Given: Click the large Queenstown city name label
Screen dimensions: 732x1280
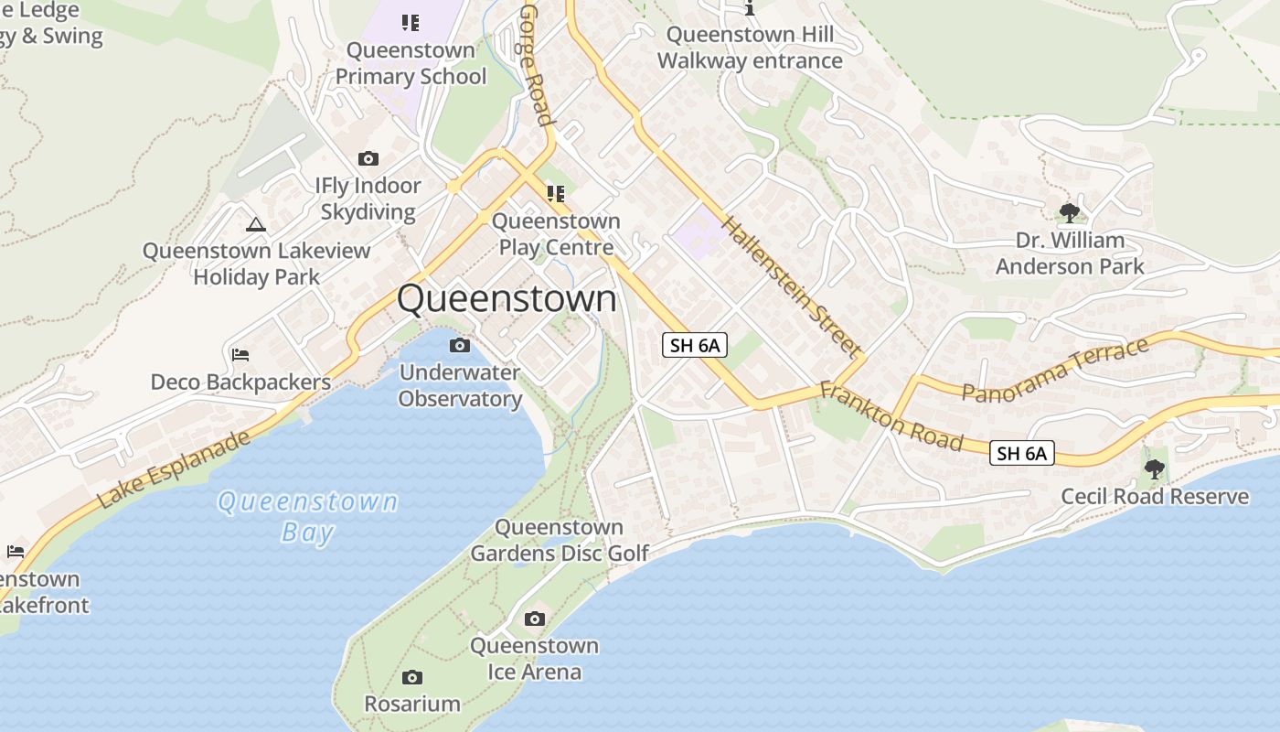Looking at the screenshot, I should (507, 299).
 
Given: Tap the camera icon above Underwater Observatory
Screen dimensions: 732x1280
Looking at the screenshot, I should (460, 345).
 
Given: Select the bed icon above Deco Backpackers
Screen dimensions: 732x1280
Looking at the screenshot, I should (240, 354).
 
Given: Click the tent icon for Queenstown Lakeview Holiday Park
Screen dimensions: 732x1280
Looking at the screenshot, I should (256, 224).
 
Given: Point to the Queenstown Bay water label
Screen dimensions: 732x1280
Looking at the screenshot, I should (308, 517).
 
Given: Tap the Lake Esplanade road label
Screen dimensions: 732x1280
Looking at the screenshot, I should (173, 469).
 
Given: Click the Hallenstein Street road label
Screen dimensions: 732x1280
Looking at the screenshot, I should (791, 285).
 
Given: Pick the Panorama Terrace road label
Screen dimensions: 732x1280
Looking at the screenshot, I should (1055, 371).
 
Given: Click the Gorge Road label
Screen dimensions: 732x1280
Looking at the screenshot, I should (537, 64).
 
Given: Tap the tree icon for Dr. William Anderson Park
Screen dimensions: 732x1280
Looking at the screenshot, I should (1069, 213).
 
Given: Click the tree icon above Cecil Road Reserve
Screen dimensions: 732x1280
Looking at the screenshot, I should (1154, 469).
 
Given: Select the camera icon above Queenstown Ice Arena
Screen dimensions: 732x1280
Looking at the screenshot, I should (535, 619).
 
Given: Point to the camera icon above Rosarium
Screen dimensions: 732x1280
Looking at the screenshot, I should (412, 678).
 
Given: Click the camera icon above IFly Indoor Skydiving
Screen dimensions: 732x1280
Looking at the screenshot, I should (368, 159).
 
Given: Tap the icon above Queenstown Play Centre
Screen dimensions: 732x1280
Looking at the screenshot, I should (555, 194).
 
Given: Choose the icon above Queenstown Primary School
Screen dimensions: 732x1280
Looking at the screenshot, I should (411, 23).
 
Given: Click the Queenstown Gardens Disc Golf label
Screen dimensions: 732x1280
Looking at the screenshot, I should (560, 540).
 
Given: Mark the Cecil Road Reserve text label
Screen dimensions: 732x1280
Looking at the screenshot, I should (1155, 497).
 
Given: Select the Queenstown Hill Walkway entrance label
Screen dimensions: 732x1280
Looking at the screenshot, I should (750, 48).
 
